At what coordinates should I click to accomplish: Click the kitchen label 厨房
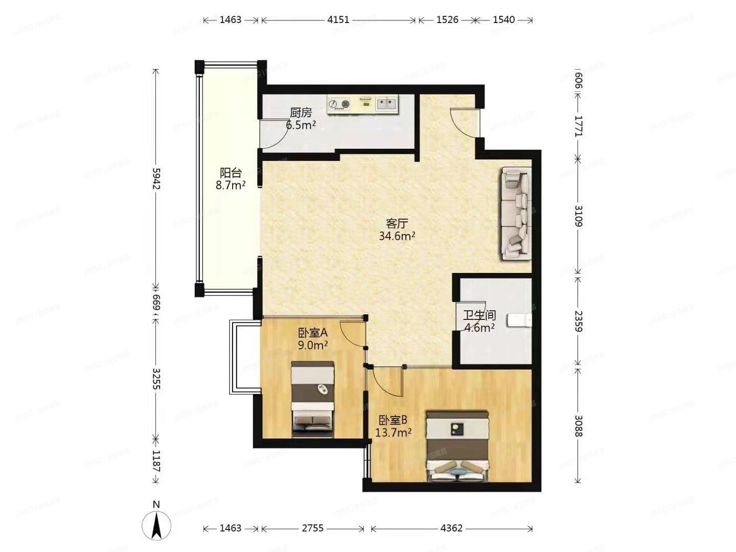[x=301, y=112]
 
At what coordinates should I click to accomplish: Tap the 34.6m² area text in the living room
[x=397, y=236]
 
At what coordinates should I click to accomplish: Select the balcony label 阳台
[x=231, y=173]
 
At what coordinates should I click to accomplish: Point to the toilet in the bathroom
[x=519, y=320]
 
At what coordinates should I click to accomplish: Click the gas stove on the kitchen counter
[x=339, y=104]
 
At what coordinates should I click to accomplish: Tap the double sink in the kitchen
[x=387, y=104]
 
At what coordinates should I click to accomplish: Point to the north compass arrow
[x=156, y=525]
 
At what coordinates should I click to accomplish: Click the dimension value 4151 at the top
[x=338, y=20]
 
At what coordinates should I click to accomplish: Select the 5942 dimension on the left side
[x=156, y=178]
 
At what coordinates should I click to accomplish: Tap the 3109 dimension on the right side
[x=578, y=216]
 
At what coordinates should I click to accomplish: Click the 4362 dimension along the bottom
[x=451, y=528]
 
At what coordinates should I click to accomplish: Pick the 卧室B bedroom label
[x=393, y=420]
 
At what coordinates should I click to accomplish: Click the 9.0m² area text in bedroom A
[x=313, y=346]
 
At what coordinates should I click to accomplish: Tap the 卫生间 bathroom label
[x=479, y=315]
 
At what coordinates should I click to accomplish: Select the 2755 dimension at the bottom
[x=312, y=528]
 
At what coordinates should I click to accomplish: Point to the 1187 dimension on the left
[x=156, y=461]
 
